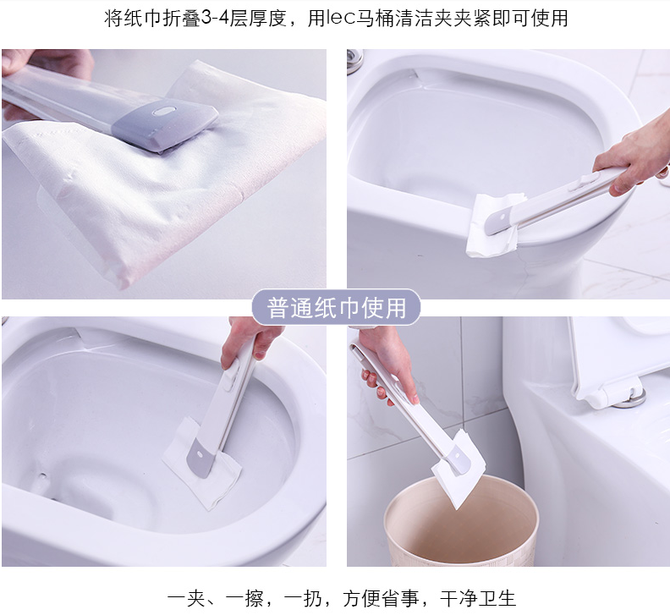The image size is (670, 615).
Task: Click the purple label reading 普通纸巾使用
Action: [336, 307]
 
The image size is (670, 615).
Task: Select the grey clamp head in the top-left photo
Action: [165, 124]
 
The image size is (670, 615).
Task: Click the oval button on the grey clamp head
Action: [164, 111]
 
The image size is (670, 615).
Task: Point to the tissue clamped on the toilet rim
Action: [494, 225]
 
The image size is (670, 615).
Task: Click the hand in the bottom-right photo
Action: [390, 363]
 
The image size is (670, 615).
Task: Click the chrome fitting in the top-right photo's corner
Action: [354, 61]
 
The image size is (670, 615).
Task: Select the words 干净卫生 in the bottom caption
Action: [478, 598]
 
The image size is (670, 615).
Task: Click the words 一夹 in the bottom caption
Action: [186, 598]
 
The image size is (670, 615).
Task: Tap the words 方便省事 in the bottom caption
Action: [381, 598]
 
